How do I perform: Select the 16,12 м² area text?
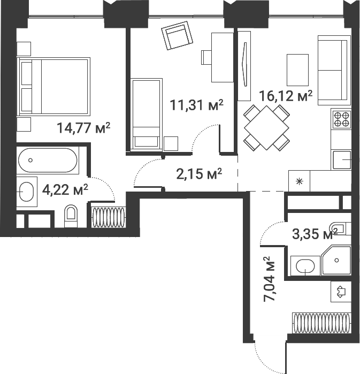[x=285, y=96]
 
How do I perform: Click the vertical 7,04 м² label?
[x=270, y=279]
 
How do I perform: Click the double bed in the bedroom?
[x=53, y=87]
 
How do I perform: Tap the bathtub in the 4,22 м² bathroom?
[x=48, y=160]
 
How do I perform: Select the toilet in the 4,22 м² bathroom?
[x=71, y=216]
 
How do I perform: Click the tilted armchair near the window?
[x=177, y=36]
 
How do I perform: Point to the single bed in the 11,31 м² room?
[x=146, y=113]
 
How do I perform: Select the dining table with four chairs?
[x=266, y=127]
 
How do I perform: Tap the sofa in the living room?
[x=334, y=69]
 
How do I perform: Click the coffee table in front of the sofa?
[x=298, y=70]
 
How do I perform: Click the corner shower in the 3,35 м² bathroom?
[x=335, y=261]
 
